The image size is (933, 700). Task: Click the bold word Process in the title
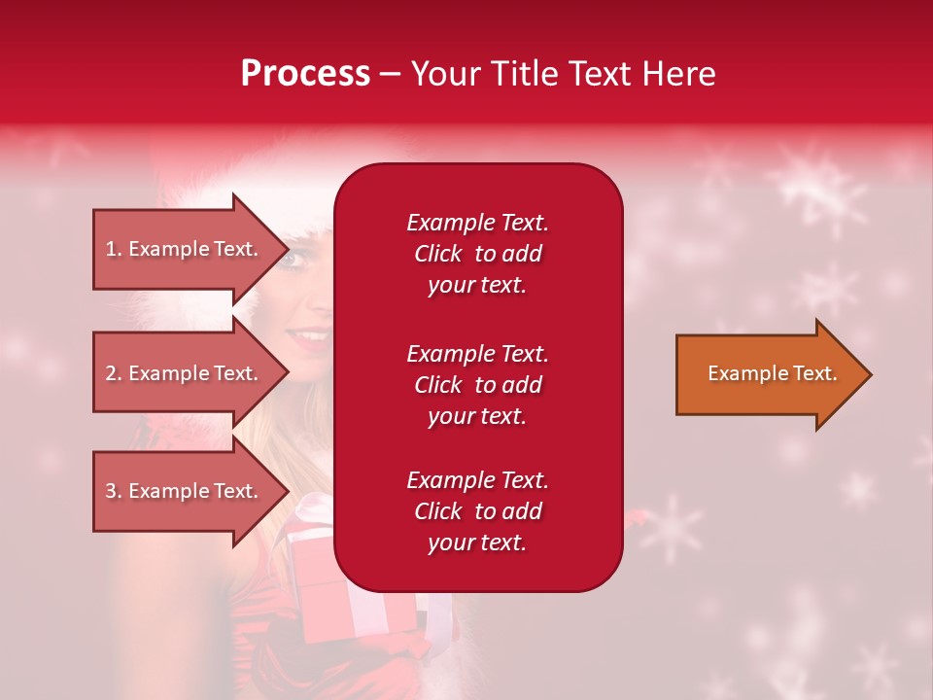(305, 74)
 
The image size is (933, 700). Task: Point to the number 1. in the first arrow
(114, 249)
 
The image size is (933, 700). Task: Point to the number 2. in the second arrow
(114, 373)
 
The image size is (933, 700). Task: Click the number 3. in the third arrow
(114, 491)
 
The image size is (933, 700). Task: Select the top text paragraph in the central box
(477, 254)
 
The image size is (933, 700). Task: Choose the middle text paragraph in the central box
(477, 385)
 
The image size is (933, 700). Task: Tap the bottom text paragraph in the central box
(477, 511)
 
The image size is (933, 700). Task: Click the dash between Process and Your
(390, 75)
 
